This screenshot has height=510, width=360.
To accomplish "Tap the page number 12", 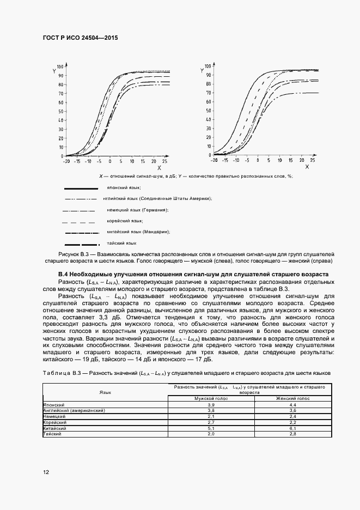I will [46, 472].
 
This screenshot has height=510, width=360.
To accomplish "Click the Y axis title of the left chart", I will [55, 70].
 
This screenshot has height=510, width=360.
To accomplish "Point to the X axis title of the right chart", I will [307, 167].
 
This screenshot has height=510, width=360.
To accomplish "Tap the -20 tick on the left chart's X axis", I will [66, 162].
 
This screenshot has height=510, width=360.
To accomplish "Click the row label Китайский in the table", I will [54, 428].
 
